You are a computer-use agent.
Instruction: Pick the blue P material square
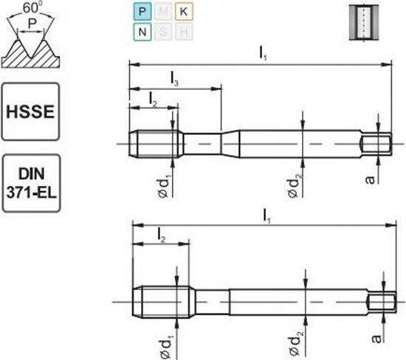point(141,11)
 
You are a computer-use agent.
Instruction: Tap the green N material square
point(141,32)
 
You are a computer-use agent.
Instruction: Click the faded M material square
point(162,11)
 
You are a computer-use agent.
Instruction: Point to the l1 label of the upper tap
point(263,52)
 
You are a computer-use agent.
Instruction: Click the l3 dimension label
point(173,78)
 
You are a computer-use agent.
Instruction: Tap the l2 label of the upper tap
point(152,97)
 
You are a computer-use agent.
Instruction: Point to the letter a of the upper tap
point(374,178)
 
